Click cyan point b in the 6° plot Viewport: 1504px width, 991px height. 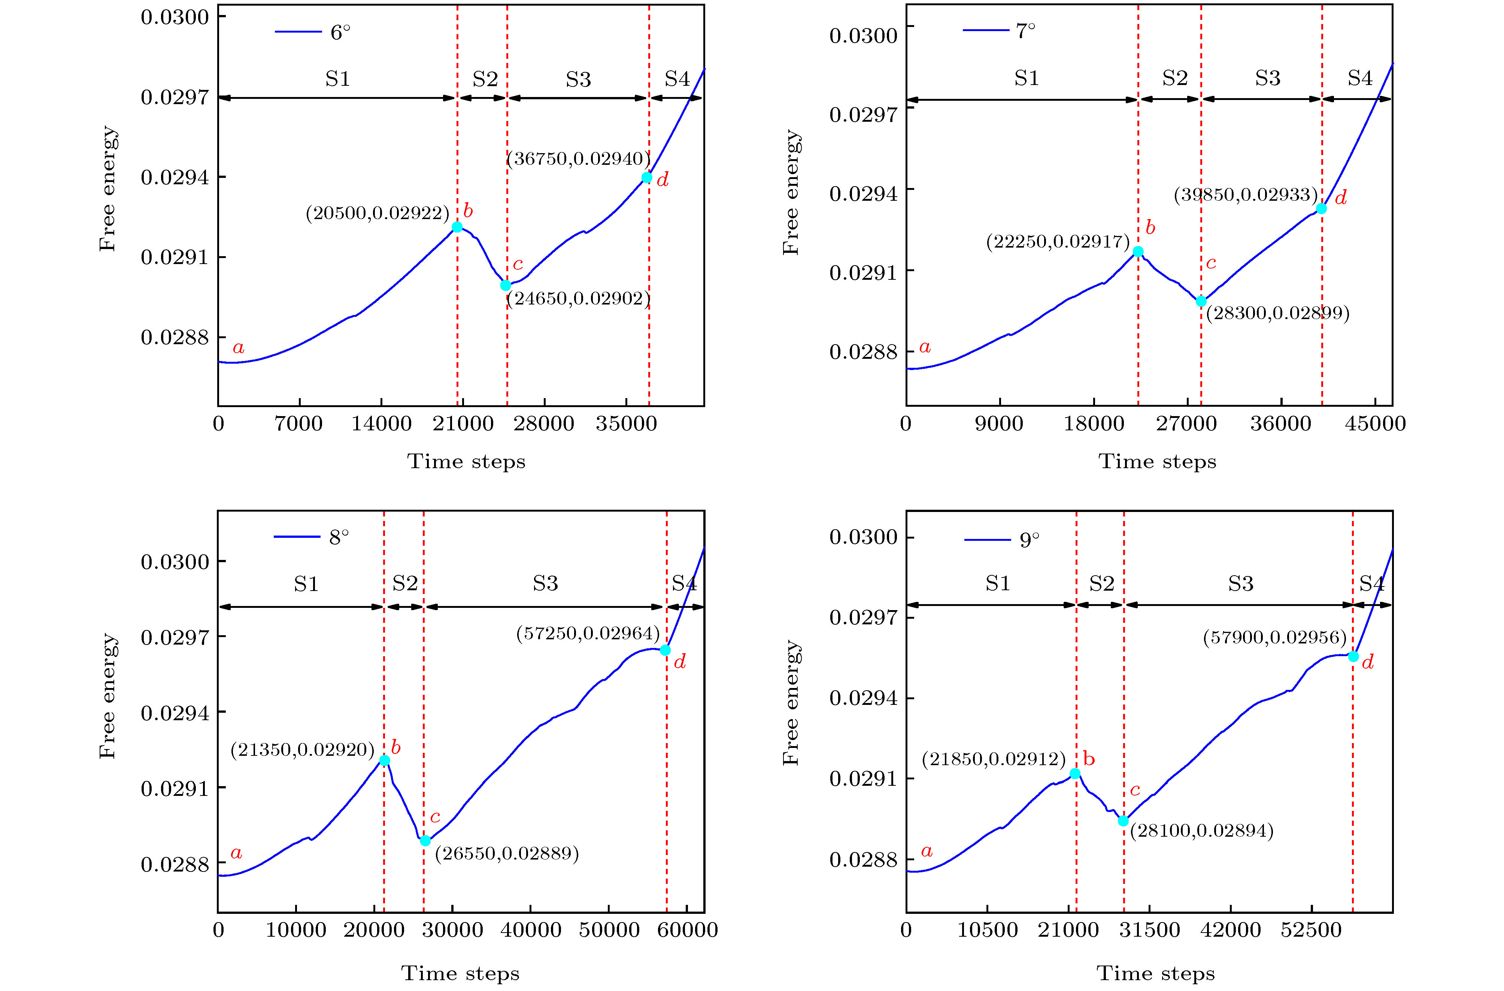(x=457, y=227)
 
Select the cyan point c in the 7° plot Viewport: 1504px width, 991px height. (x=1201, y=301)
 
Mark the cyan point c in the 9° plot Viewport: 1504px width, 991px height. (x=1123, y=821)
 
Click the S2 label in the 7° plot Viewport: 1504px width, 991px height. (x=1175, y=78)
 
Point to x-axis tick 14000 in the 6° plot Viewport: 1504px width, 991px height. (x=381, y=424)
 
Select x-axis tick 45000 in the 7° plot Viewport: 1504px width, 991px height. (x=1375, y=424)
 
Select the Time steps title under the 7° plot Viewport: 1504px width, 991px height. (x=1157, y=461)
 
